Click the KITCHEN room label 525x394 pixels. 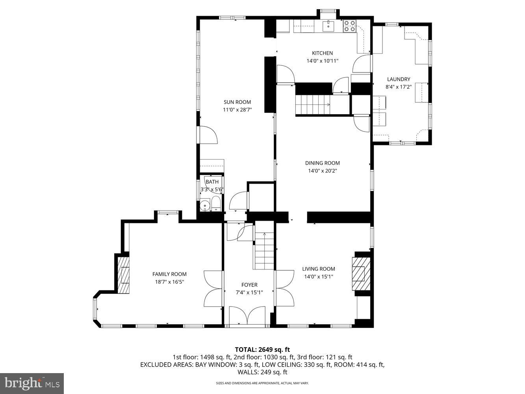[x=322, y=53]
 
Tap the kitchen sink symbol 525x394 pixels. [x=328, y=26]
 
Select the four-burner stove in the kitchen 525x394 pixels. [x=349, y=26]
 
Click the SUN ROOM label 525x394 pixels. [x=237, y=102]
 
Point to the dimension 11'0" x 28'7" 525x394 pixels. [x=237, y=110]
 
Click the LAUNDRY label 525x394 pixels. [x=398, y=79]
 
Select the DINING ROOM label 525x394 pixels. [x=322, y=163]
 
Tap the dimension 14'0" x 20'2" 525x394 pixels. [x=322, y=171]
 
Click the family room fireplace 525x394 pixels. [x=123, y=275]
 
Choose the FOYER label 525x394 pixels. [x=249, y=285]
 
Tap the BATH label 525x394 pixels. [x=212, y=182]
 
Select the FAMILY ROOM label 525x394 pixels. [x=169, y=274]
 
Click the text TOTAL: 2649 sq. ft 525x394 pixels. [x=262, y=349]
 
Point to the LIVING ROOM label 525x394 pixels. [x=319, y=269]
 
